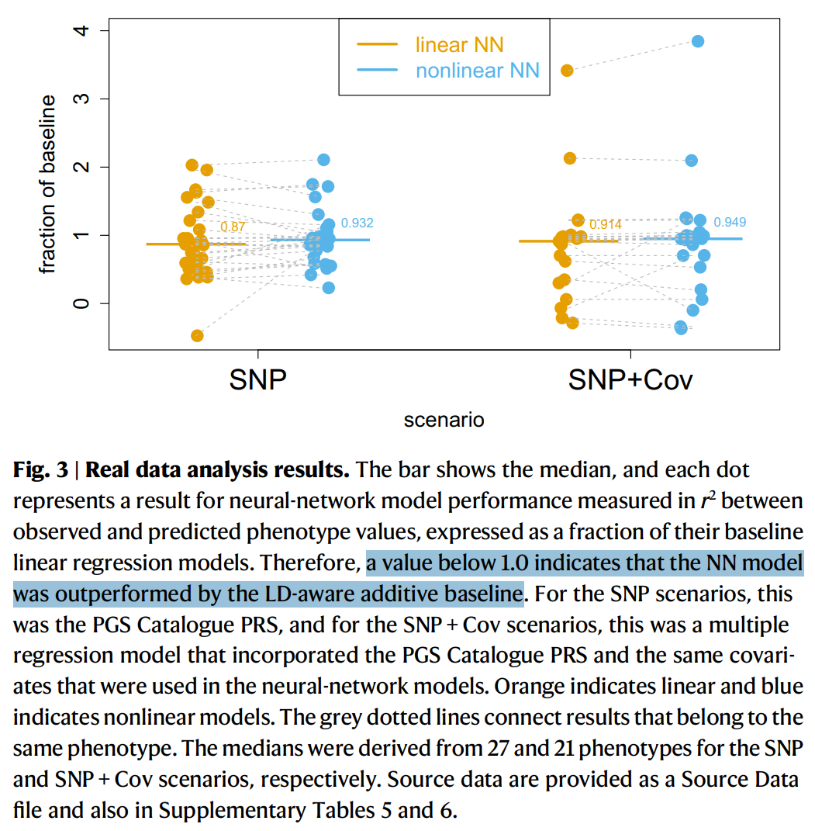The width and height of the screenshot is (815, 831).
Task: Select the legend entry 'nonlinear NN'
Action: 477,71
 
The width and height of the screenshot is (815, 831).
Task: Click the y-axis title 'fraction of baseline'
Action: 48,185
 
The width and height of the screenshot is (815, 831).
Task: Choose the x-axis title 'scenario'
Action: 444,420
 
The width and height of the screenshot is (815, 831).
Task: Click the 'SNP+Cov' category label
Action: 630,380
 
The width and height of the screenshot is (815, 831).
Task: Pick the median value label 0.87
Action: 233,227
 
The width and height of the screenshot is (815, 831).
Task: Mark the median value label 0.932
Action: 357,223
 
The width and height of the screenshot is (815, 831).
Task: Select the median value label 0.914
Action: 605,225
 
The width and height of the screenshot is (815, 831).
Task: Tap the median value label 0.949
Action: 729,222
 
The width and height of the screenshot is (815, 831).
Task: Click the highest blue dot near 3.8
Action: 697,41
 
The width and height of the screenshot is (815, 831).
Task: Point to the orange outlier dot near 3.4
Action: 568,71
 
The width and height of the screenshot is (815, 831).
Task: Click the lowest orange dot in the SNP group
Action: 197,335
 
